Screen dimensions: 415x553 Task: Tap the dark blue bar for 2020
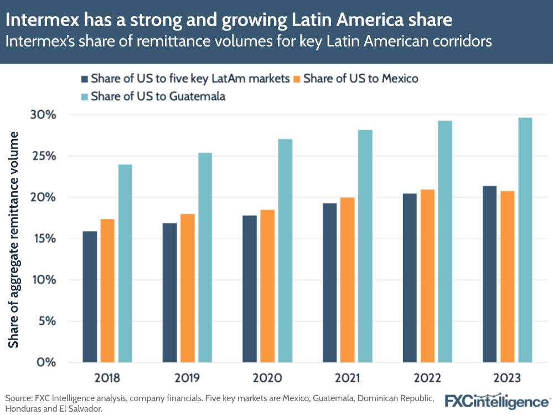pos(250,289)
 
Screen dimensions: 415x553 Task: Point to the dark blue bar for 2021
pos(329,283)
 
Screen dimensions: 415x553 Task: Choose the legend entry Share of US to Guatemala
pos(158,96)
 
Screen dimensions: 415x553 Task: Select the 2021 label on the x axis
pos(347,378)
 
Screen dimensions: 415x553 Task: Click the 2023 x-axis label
pos(507,378)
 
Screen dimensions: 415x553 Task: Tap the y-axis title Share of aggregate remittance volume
pos(13,239)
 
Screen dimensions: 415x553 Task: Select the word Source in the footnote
pos(17,398)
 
